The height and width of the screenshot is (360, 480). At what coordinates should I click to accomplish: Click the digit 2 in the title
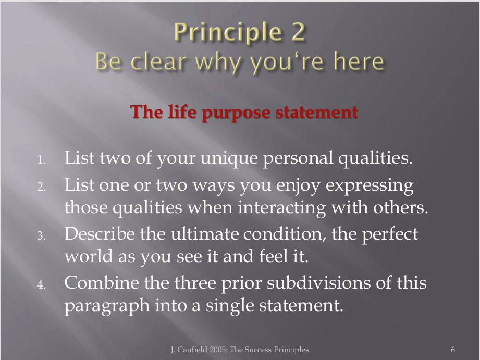coord(298,32)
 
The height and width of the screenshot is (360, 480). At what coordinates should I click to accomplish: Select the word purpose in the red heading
coord(236,113)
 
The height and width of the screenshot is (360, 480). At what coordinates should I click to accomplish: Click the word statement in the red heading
coord(316,112)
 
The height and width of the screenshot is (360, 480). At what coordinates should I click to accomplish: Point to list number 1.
coord(41,159)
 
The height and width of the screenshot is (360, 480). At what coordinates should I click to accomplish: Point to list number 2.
coord(41,187)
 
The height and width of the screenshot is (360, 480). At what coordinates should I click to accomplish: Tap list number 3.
coord(41,235)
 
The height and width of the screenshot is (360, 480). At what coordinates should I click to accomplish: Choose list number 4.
coord(41,285)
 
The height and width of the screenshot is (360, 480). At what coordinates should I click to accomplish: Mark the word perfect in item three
coord(390,234)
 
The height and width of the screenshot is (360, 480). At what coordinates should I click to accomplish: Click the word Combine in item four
coord(102,282)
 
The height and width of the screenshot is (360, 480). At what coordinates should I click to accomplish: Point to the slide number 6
coord(453,350)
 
